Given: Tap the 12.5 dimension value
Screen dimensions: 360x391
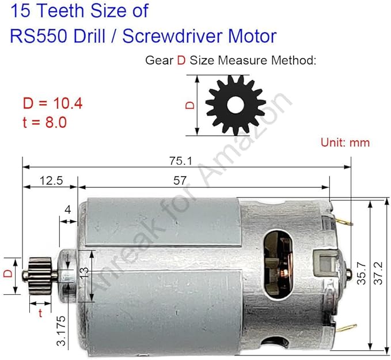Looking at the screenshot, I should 51,180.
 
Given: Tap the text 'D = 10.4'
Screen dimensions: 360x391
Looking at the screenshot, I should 52,104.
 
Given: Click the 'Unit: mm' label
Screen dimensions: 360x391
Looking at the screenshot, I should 345,142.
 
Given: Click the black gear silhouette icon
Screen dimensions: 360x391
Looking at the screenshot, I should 236,104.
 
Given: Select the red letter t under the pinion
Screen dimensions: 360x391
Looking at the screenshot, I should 40,313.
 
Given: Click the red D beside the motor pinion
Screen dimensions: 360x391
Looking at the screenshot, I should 7,274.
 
